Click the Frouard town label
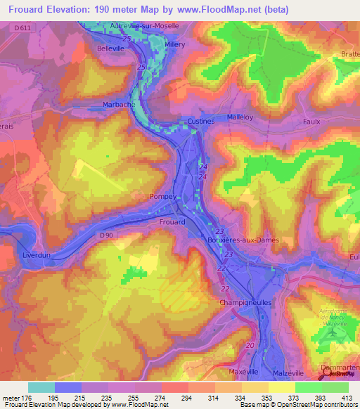click(x=172, y=221)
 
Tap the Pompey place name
click(x=163, y=197)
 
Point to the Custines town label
click(x=200, y=121)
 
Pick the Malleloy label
click(x=240, y=117)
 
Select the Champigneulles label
click(x=231, y=302)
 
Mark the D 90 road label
click(x=107, y=235)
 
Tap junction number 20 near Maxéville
click(x=250, y=345)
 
